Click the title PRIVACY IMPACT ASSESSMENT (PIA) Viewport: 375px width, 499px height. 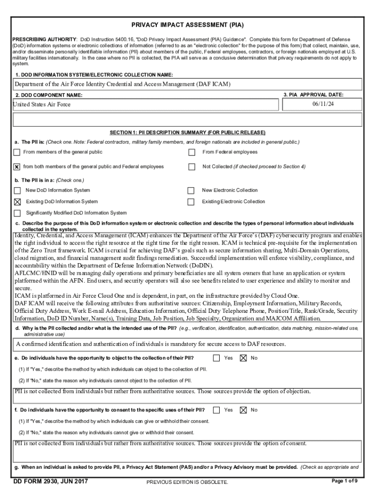187,24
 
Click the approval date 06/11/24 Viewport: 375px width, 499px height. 323,104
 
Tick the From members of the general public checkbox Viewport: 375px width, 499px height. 17,153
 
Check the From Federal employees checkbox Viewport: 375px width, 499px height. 192,153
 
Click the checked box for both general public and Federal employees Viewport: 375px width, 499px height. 17,167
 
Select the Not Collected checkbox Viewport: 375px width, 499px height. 192,167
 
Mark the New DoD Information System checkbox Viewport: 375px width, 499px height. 18,191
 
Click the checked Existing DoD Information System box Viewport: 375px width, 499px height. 18,202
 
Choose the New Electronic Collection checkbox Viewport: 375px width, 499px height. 191,191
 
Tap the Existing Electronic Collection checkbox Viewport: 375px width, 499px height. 191,202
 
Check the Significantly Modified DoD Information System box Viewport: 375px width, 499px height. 18,213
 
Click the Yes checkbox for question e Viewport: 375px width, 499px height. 217,358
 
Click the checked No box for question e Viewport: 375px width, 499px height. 243,358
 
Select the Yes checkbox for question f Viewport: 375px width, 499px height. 217,410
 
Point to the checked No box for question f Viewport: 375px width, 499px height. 243,410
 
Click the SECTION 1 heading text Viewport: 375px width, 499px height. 187,133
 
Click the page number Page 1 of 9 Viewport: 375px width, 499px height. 344,481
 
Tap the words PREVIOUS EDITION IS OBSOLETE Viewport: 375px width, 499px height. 187,482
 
